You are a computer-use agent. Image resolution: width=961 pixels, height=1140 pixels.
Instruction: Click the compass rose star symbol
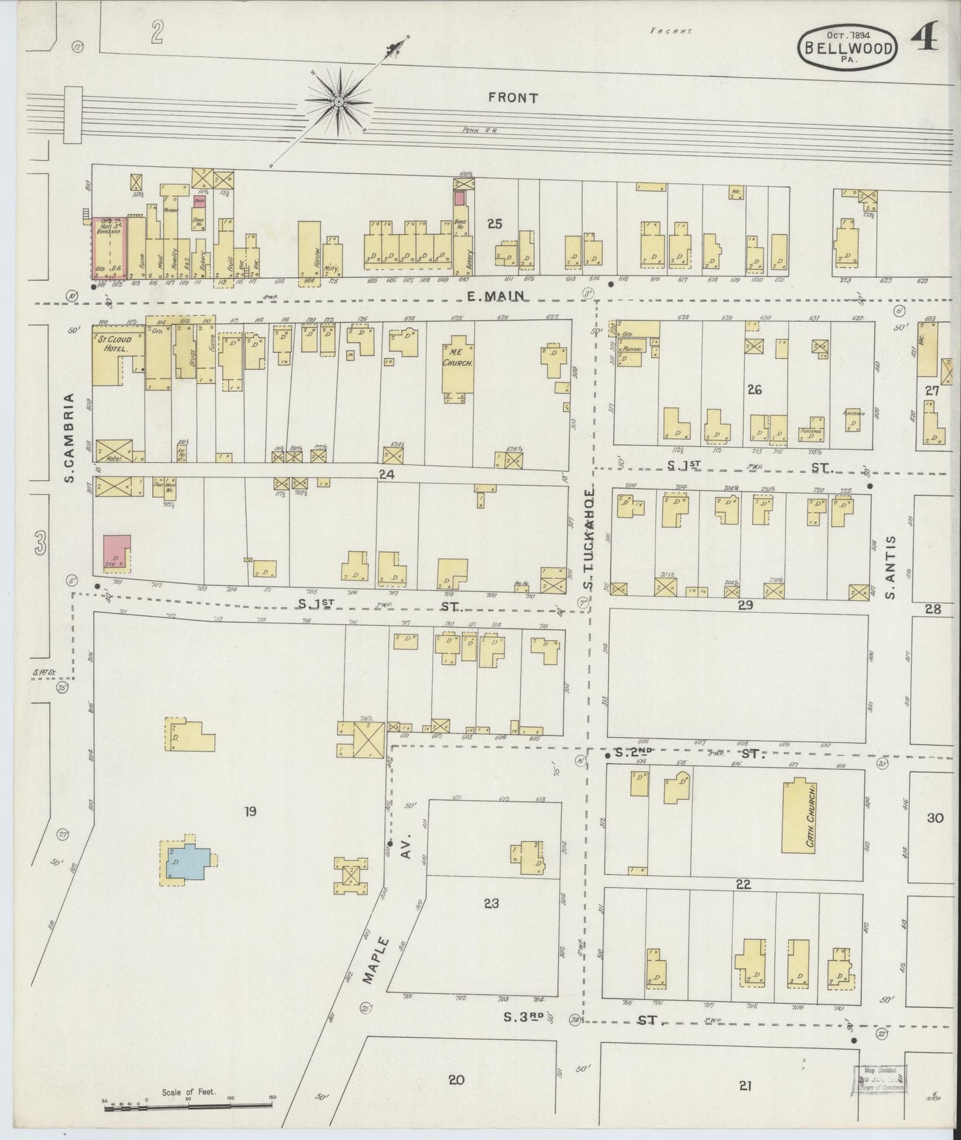point(339,101)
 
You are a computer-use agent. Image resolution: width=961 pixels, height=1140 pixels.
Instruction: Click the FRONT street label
point(512,98)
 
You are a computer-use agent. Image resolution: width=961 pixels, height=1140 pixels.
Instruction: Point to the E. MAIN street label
point(495,296)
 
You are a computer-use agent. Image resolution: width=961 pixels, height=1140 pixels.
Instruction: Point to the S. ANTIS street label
point(891,567)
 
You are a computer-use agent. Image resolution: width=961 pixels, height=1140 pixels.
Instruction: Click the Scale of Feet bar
point(188,1105)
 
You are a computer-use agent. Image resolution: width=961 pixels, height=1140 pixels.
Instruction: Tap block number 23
point(491,904)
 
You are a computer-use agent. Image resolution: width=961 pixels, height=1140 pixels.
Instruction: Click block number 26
point(754,390)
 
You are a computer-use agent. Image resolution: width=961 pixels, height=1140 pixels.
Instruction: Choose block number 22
point(743,884)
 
